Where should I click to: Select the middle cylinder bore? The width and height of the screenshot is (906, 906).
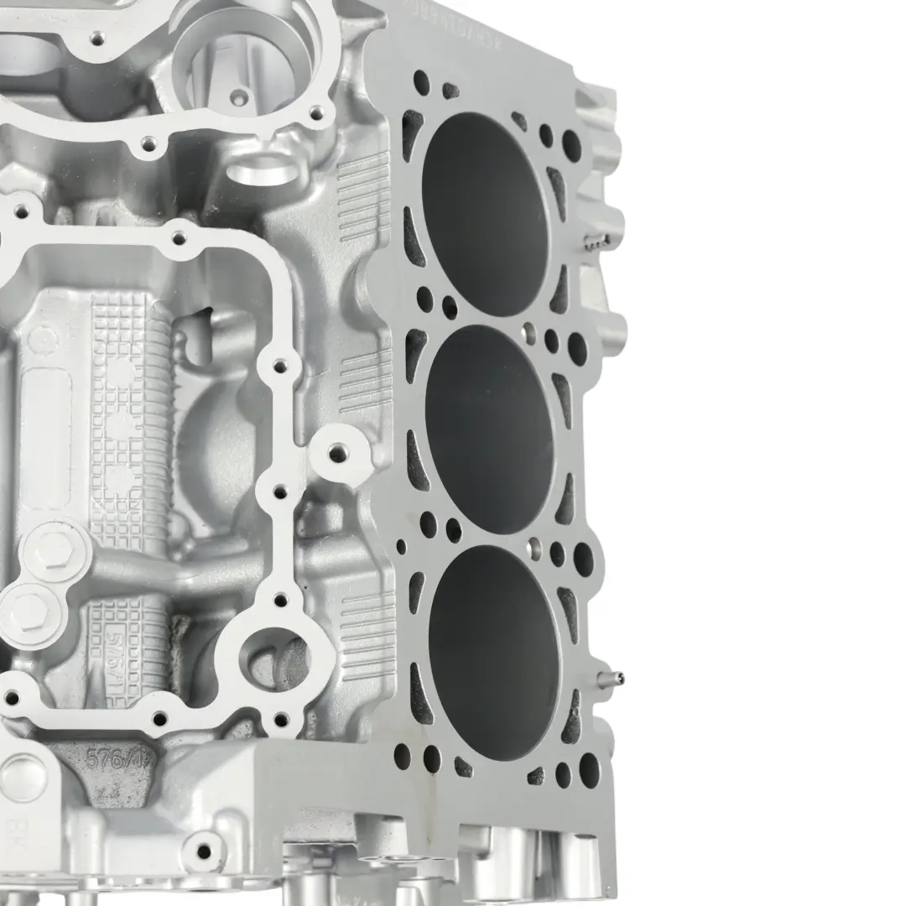[489, 430]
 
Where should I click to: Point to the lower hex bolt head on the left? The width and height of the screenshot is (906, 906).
[27, 608]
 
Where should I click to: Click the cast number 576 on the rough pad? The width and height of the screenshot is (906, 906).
[109, 762]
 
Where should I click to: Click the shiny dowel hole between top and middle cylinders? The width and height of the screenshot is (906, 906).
[528, 334]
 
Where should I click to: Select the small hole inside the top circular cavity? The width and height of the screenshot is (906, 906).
[238, 98]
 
